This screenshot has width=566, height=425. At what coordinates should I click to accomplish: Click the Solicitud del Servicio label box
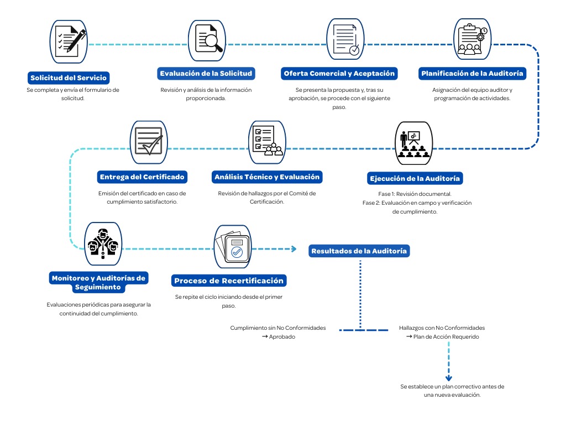pyautogui.click(x=69, y=78)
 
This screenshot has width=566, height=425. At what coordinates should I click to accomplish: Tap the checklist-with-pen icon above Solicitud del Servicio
pyautogui.click(x=70, y=40)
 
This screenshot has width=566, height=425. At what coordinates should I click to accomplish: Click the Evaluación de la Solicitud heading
pyautogui.click(x=206, y=74)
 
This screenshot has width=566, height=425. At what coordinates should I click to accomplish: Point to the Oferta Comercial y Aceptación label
pyautogui.click(x=339, y=74)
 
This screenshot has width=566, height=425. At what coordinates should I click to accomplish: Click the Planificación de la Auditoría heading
pyautogui.click(x=473, y=74)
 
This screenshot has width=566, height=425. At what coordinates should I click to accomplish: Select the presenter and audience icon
pyautogui.click(x=414, y=143)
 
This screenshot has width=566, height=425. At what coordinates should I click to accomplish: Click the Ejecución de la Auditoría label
pyautogui.click(x=415, y=179)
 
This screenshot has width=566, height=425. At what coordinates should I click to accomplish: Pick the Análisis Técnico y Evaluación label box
pyautogui.click(x=266, y=177)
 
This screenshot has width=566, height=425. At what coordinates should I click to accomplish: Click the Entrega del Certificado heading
pyautogui.click(x=142, y=177)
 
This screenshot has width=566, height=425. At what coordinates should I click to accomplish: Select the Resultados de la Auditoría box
pyautogui.click(x=359, y=251)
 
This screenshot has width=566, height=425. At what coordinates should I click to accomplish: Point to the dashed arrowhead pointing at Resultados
pyautogui.click(x=294, y=249)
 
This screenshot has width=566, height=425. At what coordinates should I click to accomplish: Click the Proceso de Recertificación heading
pyautogui.click(x=229, y=281)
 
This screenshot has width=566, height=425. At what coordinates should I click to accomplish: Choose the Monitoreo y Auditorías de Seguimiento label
pyautogui.click(x=98, y=282)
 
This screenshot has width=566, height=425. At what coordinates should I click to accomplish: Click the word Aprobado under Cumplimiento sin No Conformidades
pyautogui.click(x=282, y=336)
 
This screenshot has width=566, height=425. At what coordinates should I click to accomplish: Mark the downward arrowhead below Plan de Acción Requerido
pyautogui.click(x=449, y=378)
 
